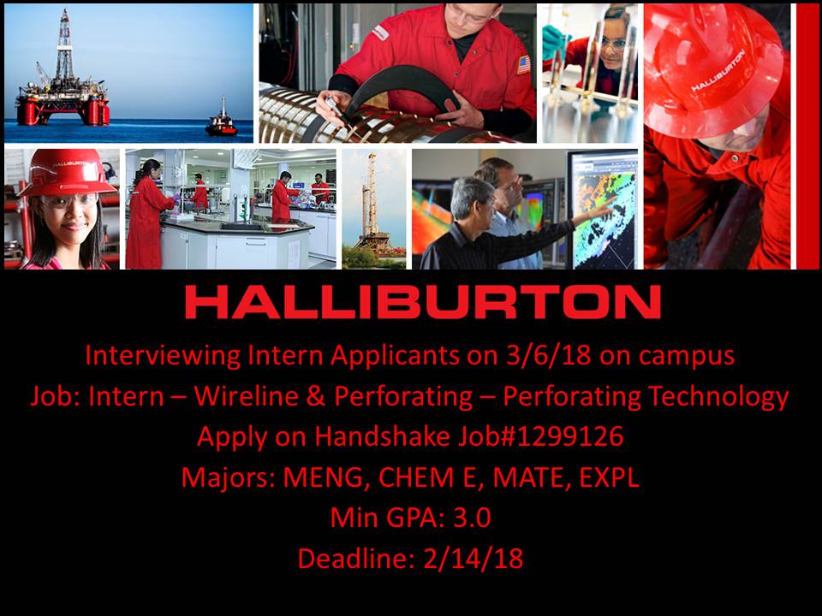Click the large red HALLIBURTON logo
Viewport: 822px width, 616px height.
(x=422, y=302)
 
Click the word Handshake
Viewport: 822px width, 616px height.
(x=382, y=436)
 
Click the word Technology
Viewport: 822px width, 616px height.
(x=718, y=397)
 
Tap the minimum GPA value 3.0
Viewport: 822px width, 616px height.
(x=472, y=518)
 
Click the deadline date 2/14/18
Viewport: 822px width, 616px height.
(x=473, y=559)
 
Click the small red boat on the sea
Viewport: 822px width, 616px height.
(x=221, y=121)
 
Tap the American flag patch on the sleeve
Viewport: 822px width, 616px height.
(x=523, y=65)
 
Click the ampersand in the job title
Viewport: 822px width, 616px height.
(x=316, y=396)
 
